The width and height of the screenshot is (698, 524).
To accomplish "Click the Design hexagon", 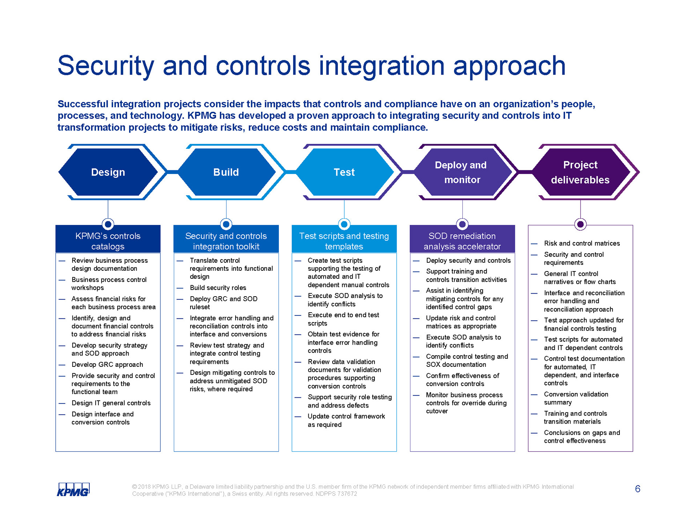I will [x=108, y=172].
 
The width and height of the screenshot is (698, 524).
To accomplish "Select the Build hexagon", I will [x=226, y=172].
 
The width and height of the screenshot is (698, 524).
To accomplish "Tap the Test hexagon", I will [x=344, y=172].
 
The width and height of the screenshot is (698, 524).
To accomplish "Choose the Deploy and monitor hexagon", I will [x=462, y=172].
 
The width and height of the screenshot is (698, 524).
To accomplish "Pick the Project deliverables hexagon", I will [x=580, y=172].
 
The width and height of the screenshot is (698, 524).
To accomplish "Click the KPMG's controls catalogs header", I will [x=108, y=241].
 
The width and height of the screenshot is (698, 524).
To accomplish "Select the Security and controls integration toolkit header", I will [x=226, y=241].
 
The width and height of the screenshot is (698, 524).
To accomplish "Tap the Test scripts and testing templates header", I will [x=344, y=241].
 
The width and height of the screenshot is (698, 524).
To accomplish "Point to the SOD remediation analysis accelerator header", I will [x=462, y=241].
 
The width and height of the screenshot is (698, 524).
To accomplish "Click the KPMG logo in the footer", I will [x=73, y=489].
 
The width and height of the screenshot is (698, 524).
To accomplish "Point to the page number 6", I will [x=637, y=489].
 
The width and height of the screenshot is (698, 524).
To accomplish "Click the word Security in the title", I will [x=106, y=67].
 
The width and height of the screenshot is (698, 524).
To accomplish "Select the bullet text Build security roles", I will [x=218, y=288].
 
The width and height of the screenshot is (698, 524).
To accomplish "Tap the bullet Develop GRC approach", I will [x=107, y=365].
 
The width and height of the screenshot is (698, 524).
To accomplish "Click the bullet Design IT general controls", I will [x=111, y=403].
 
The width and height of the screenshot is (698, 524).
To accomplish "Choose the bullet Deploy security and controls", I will [x=468, y=261].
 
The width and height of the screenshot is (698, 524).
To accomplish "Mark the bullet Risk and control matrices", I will [x=582, y=243].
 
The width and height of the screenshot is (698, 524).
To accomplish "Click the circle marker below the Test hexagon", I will [x=344, y=224].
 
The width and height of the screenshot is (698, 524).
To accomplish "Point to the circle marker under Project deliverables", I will [x=580, y=224].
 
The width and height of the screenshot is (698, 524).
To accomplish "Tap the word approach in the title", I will [x=509, y=67].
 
